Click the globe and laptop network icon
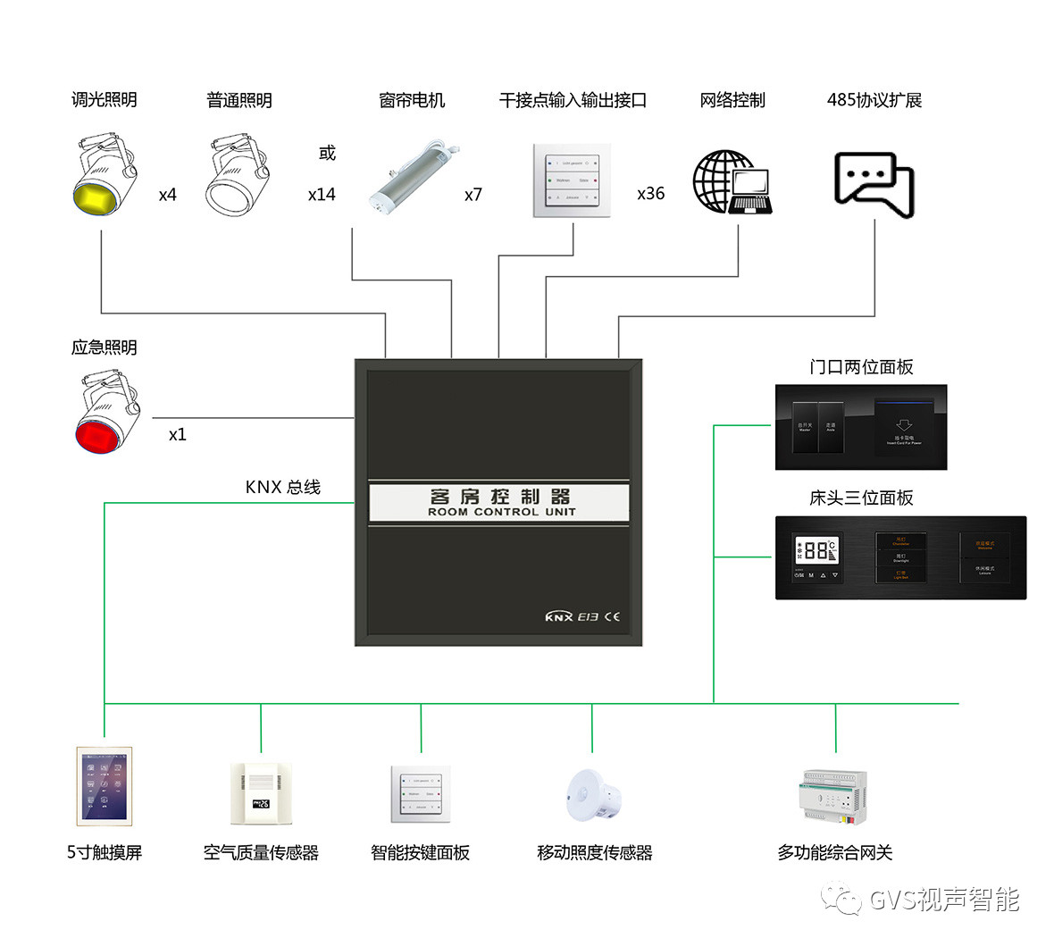click(x=732, y=183)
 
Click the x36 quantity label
click(x=650, y=194)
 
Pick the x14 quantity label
click(x=322, y=195)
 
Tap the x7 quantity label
click(x=473, y=195)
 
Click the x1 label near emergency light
click(x=178, y=435)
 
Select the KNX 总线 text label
click(x=282, y=488)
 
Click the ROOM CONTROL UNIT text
click(x=501, y=513)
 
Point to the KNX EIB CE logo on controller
click(x=581, y=617)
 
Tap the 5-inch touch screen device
click(x=105, y=786)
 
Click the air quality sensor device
click(x=261, y=793)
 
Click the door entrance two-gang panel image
click(x=860, y=427)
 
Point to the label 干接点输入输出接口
click(x=573, y=101)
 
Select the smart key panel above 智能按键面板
click(x=420, y=793)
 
